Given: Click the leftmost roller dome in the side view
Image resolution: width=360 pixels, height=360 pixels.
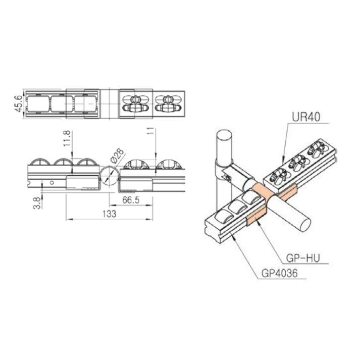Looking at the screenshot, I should click(x=40, y=164).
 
